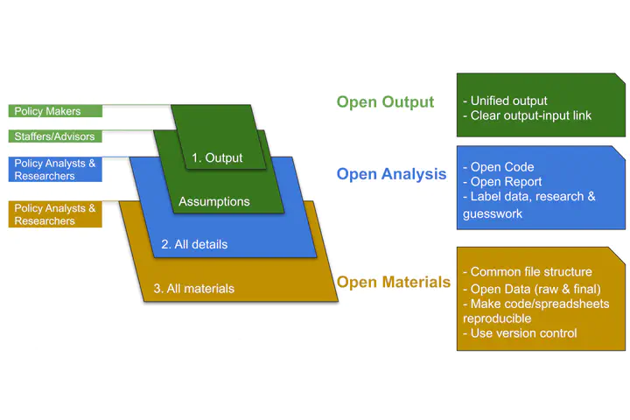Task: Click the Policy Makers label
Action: pos(48,111)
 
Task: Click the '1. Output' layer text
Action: pos(217,158)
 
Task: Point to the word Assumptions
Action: pos(214,201)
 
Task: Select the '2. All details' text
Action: pos(194,244)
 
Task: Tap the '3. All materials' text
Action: pos(193,288)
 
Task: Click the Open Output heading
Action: pos(385,102)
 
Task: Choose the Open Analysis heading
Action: pos(391,174)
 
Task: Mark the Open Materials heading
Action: pos(394,282)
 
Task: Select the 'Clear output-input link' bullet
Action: pos(530,115)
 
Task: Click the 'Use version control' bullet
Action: pos(521,332)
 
